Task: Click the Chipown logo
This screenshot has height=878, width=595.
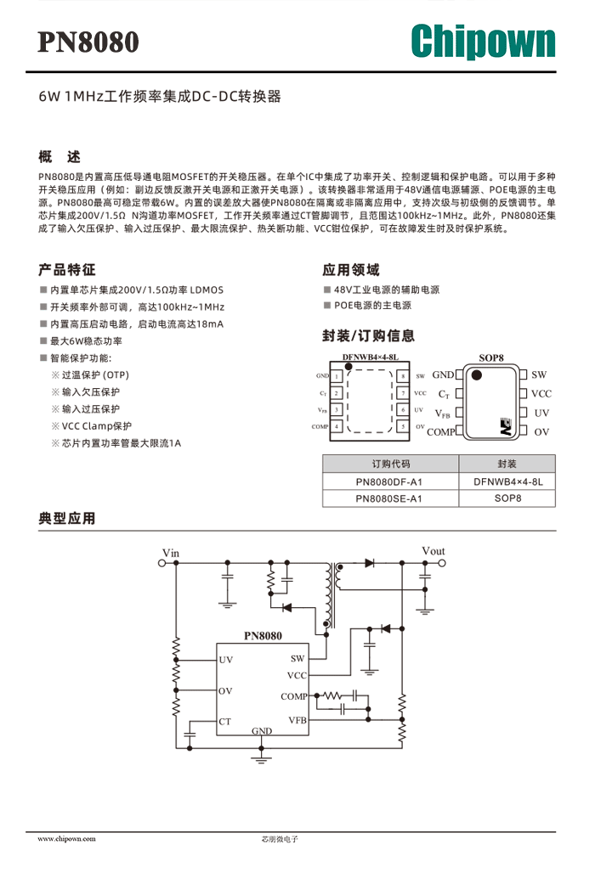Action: pos(483,41)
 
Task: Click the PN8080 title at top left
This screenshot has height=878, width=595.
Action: pos(88,42)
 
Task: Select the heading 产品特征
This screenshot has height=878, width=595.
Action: pos(67,270)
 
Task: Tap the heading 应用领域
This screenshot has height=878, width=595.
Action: pos(351,270)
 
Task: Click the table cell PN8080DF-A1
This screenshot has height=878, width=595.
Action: pos(389,481)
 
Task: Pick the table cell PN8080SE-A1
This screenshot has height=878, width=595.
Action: pos(388,498)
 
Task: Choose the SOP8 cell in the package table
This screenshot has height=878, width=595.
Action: pos(507,498)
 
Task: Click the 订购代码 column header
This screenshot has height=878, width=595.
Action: pos(390,464)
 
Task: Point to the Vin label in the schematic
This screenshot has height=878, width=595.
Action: pos(171,553)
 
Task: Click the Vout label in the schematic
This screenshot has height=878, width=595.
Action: pos(433,551)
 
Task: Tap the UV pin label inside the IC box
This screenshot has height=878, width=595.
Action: pos(226,660)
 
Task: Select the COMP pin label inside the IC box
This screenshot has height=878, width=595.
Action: pos(294,696)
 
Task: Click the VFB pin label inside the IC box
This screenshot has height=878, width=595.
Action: pos(297,720)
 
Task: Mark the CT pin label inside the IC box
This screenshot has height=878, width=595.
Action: pos(224,721)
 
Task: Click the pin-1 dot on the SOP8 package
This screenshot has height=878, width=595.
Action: pos(477,374)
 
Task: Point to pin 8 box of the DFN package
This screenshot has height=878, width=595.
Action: pos(402,376)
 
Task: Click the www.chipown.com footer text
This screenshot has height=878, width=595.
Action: pos(66,839)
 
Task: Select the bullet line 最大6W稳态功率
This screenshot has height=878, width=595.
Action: pos(87,341)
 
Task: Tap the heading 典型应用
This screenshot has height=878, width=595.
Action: pos(67,519)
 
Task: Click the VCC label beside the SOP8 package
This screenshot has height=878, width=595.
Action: pos(541,394)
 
